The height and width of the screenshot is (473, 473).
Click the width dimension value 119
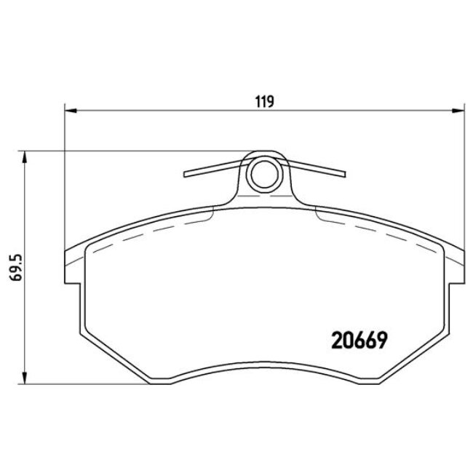[x=263, y=101]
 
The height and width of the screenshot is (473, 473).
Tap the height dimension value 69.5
[x=11, y=267]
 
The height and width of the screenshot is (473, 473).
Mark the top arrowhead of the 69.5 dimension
[x=26, y=156]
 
